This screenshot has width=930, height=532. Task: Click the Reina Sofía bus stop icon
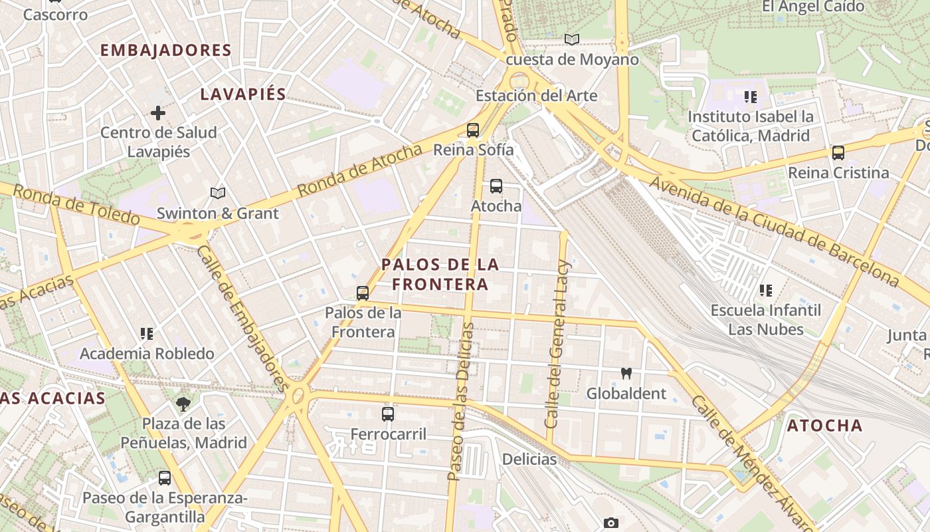pos(473,130)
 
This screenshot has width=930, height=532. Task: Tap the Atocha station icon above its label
pos(496,186)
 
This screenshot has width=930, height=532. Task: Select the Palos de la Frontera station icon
pos(363,293)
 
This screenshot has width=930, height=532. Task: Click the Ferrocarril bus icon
pos(388,414)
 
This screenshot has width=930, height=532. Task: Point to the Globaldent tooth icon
pos(625,374)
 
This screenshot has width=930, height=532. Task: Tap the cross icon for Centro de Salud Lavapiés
pos(158,113)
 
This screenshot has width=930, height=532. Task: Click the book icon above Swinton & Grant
pos(218,194)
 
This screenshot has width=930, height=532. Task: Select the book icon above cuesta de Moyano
pos(572,40)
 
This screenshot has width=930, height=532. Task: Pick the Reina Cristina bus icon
pos(838,153)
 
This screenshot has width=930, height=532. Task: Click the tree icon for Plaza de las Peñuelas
pos(183,404)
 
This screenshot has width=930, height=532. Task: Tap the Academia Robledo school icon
pos(147,333)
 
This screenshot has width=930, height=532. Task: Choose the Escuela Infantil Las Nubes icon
pos(765,291)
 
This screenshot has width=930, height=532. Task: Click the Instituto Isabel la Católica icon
pos(751,97)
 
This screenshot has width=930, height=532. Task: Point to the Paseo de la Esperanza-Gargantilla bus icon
pos(165,477)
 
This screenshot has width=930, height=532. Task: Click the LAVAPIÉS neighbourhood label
pos(243,94)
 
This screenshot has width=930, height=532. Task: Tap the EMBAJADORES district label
pos(166,51)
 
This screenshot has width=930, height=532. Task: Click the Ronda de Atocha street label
pos(359,170)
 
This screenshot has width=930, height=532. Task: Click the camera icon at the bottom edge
pos(611,523)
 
